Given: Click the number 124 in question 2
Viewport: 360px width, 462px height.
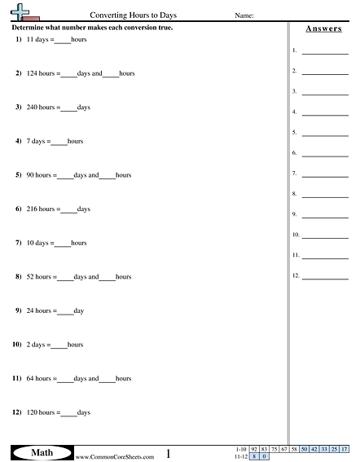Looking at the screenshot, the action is tap(32, 73).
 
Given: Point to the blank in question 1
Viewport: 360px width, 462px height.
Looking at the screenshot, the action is tap(63, 40).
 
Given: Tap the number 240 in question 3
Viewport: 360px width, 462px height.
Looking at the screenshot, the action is tap(32, 108).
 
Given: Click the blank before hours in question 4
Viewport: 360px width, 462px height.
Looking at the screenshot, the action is tap(59, 142).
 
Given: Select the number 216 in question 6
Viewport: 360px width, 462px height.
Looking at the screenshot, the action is tap(32, 209).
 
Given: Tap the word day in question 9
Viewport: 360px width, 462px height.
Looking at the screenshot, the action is tap(78, 311).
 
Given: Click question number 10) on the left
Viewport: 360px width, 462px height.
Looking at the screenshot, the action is tap(16, 345).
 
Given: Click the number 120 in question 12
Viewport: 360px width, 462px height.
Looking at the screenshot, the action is tap(32, 413).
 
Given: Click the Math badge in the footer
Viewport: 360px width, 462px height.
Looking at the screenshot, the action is tap(40, 452).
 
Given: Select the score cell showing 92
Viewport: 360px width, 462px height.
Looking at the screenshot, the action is tap(253, 449).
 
